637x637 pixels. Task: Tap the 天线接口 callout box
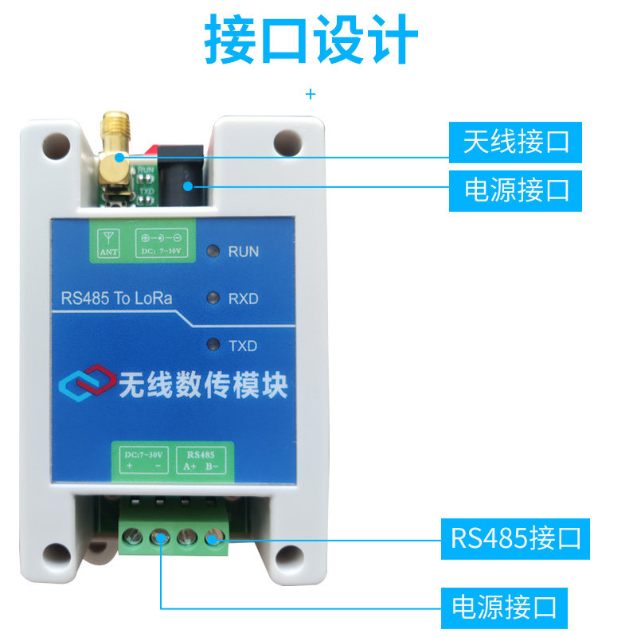click(516, 143)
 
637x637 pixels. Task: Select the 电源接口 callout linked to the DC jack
click(516, 191)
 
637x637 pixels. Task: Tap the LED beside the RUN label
click(213, 252)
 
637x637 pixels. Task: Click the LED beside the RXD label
click(213, 299)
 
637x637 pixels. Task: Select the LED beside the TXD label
click(213, 346)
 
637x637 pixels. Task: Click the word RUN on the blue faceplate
click(244, 252)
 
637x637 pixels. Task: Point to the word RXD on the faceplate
click(244, 299)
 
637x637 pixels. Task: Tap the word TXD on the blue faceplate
click(244, 346)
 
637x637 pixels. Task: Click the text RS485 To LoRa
click(117, 299)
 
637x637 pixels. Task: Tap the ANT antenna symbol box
click(108, 243)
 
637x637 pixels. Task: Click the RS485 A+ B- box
click(200, 460)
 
